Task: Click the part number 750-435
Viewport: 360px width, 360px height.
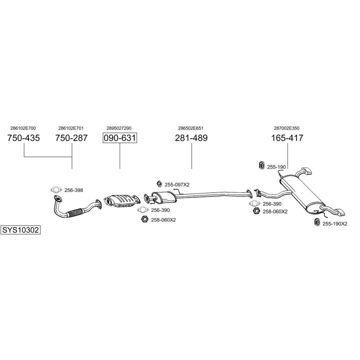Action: (23, 138)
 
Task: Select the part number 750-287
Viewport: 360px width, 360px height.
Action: (71, 138)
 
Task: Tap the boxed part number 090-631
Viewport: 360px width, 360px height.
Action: (120, 138)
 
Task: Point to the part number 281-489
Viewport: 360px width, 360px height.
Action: (191, 138)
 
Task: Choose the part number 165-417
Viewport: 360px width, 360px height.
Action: (287, 138)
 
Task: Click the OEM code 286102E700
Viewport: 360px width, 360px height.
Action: (23, 128)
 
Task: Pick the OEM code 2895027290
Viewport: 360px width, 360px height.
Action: (119, 128)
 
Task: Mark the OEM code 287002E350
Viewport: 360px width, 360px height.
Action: (286, 128)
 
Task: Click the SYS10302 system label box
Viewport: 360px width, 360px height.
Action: (20, 230)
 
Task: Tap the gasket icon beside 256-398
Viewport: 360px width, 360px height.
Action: (56, 189)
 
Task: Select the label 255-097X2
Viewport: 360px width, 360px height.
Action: (177, 184)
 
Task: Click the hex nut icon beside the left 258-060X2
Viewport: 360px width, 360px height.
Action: (144, 219)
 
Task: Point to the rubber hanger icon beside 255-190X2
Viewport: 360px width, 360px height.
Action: (317, 222)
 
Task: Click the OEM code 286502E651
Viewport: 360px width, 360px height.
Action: (191, 128)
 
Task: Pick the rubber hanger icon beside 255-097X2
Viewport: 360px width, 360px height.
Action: (159, 184)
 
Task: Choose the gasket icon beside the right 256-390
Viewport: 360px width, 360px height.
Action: (254, 203)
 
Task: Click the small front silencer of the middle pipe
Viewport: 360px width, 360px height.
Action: (164, 197)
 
